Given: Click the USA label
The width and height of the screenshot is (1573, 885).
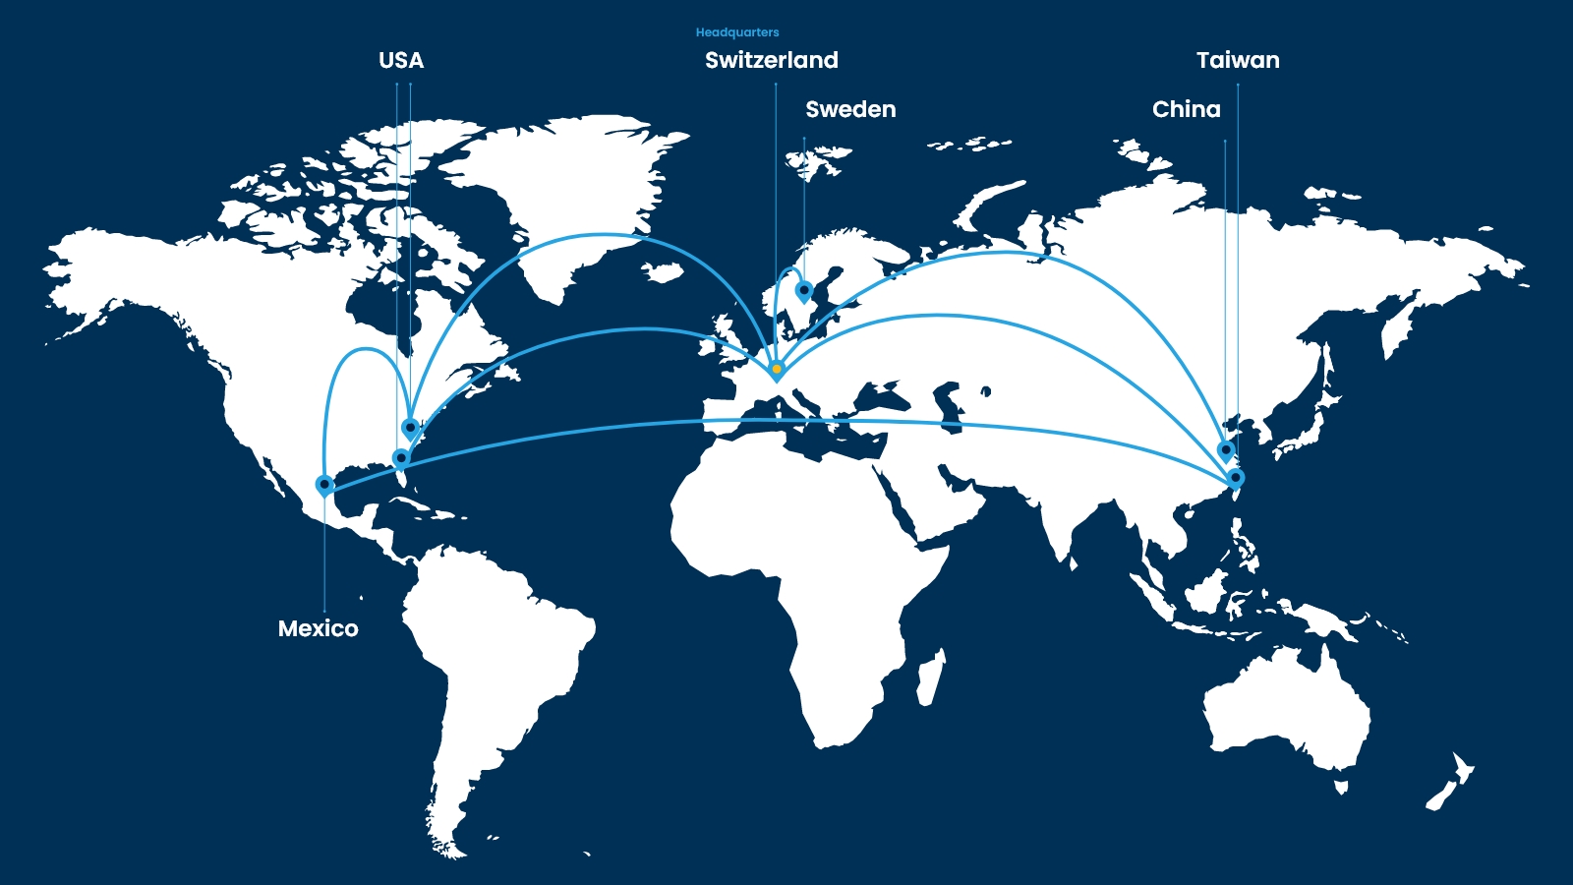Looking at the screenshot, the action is coord(401,61).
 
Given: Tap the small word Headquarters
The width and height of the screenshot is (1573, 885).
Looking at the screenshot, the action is coord(737,32).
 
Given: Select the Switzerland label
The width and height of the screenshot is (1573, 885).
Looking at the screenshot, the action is coord(772,61).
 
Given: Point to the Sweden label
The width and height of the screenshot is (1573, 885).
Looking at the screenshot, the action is coord(850,110).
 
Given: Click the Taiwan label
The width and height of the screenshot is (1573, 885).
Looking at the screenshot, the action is coord(1238,61).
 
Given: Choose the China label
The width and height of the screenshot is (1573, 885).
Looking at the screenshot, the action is coord(1186,110).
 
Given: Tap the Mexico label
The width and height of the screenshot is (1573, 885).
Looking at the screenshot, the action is coord(318,629).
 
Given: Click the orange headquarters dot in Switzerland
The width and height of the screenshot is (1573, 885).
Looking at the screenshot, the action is coord(777,369).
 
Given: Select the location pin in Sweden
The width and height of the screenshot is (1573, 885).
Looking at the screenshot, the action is coord(804,290).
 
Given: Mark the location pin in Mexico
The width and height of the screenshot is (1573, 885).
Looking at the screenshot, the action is coord(324,484).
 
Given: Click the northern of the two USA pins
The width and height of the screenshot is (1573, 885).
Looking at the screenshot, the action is coord(411,427).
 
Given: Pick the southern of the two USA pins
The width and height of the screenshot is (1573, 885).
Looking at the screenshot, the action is coord(401,457).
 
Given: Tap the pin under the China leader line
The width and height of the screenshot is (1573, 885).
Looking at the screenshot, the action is coord(1226,449).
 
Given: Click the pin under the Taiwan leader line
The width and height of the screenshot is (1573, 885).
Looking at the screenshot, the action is coord(1236,478).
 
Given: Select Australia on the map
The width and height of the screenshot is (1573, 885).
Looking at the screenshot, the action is coord(1288,708).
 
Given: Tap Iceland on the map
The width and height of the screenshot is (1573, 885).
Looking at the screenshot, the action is coord(665,271).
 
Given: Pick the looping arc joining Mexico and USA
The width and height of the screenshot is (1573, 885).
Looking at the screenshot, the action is coord(365,349).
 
